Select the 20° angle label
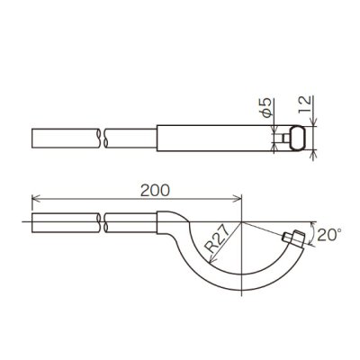coord(329,235)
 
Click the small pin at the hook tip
coord(292,237)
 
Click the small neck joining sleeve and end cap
coord(282,139)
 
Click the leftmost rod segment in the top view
coord(63,139)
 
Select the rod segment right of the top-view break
coord(130,139)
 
